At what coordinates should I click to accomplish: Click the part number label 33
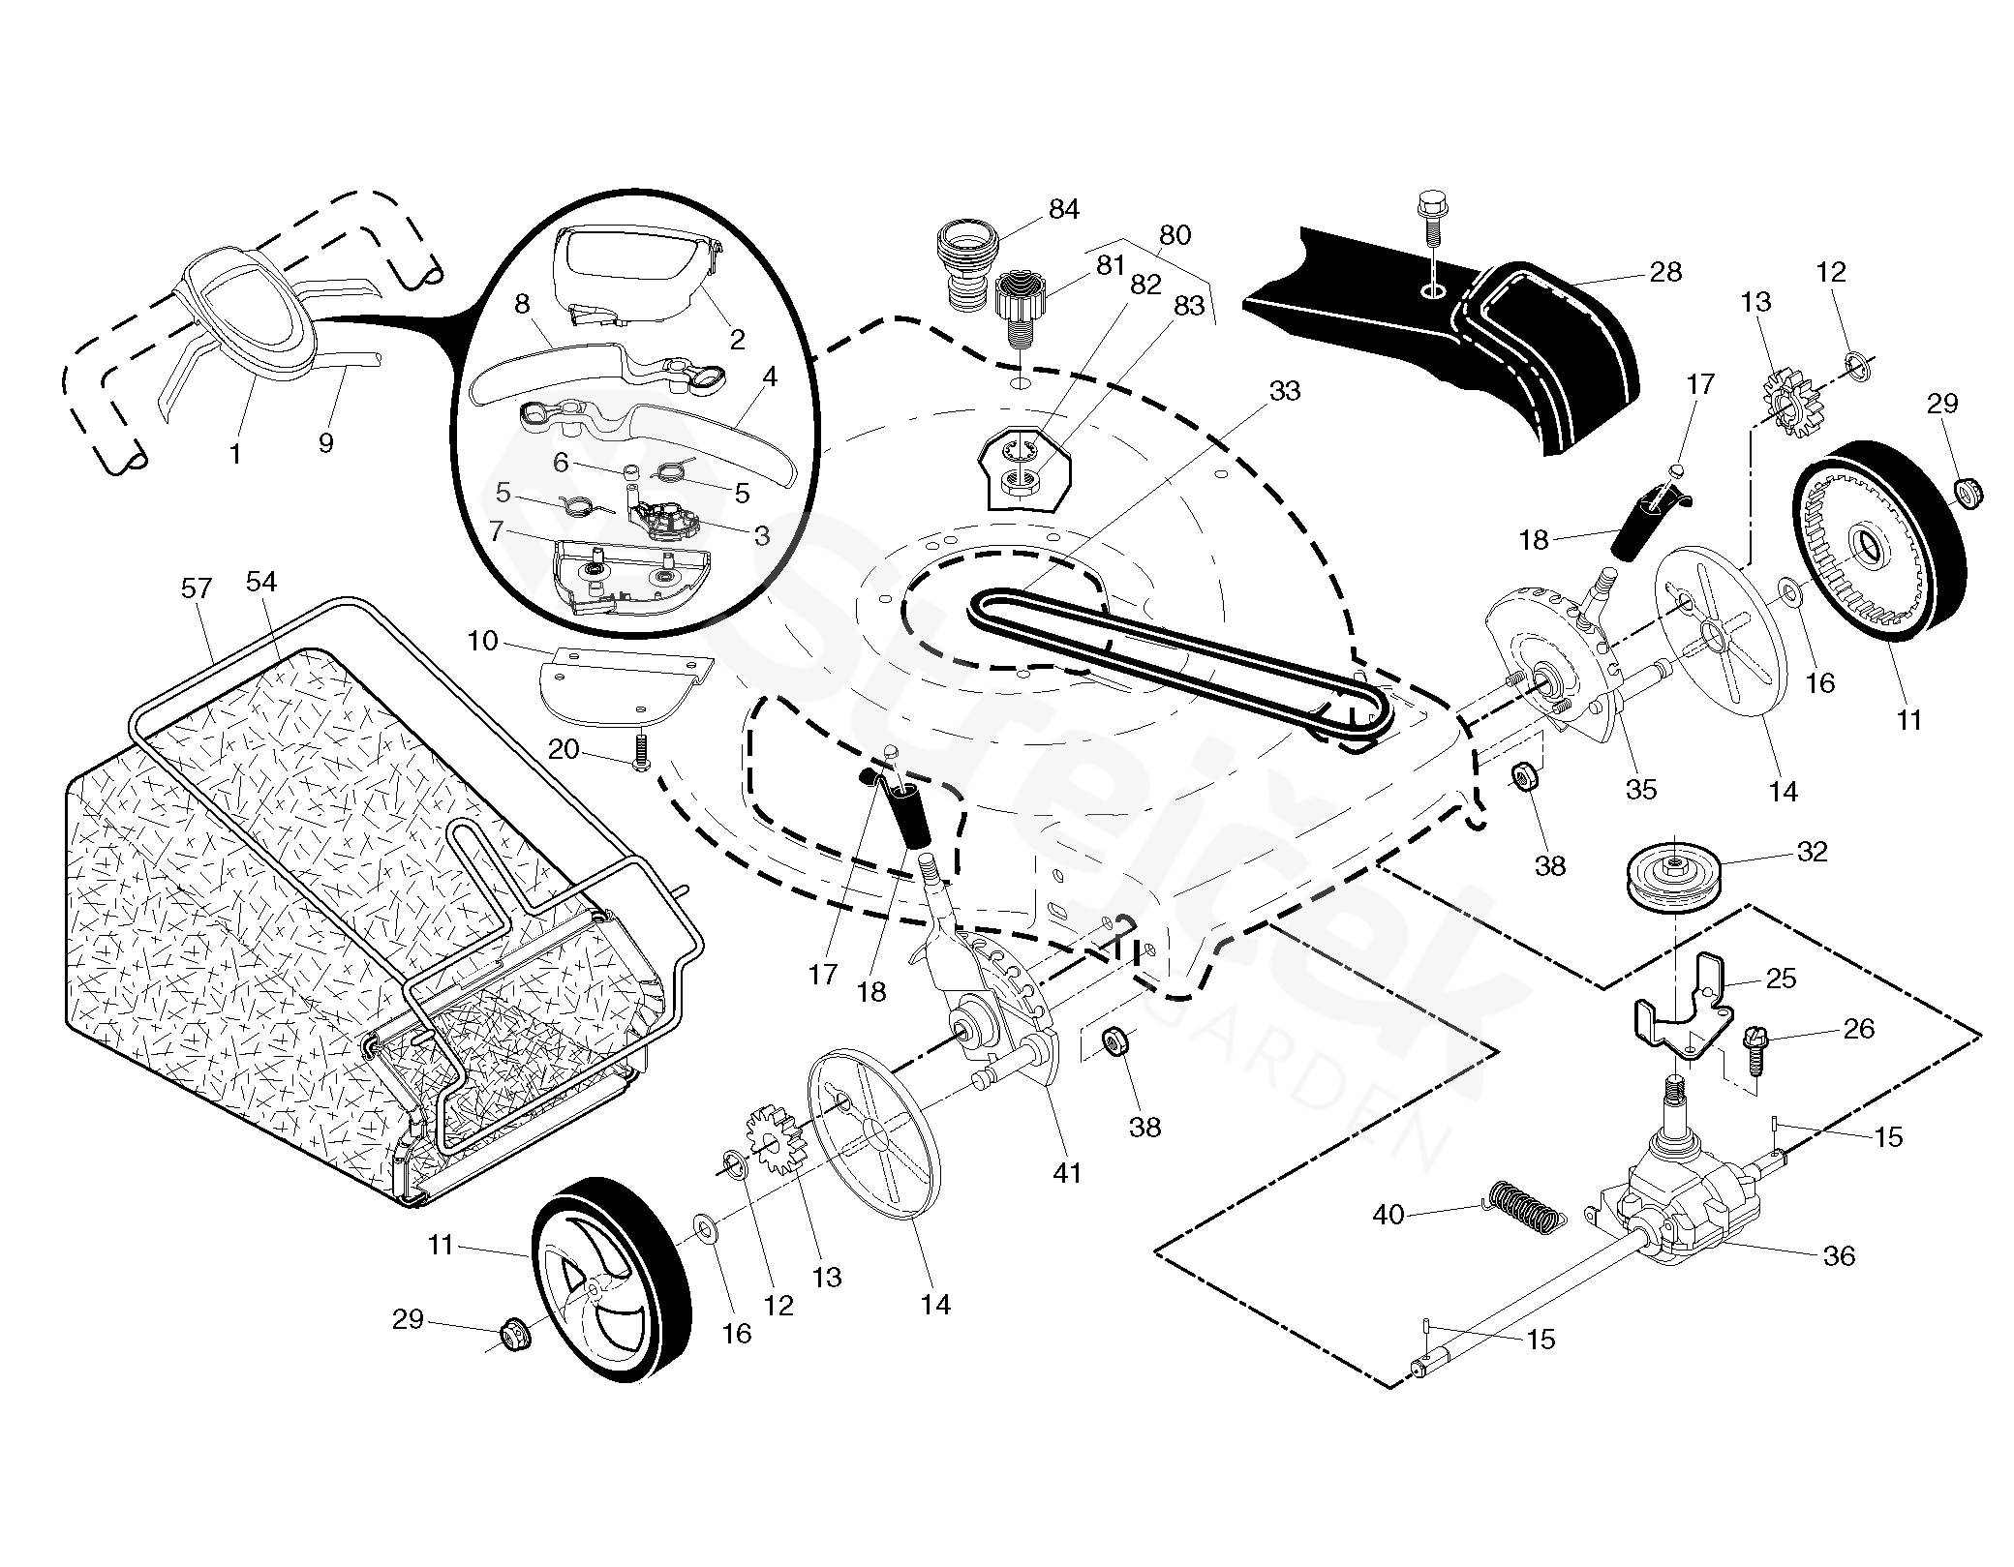1284,391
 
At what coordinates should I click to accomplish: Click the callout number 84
1063,210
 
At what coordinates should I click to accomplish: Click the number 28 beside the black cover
1665,272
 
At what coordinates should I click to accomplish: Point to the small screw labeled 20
640,752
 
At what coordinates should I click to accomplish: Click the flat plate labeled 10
620,688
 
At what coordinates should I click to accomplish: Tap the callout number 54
260,582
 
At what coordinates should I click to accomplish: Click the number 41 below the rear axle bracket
1066,1173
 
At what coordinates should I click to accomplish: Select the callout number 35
1640,790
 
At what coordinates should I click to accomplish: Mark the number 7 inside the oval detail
497,530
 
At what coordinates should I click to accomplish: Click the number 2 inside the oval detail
737,340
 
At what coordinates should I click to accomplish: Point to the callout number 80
1175,235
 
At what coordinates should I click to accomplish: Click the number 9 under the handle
325,442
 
